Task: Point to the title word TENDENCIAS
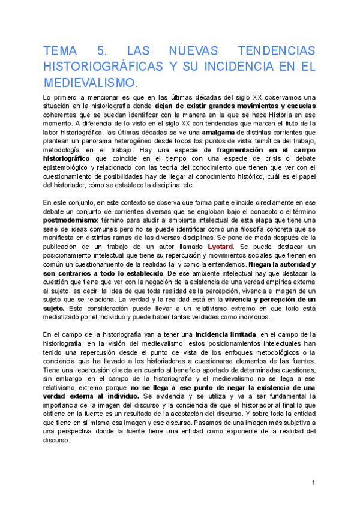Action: (x=277, y=50)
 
